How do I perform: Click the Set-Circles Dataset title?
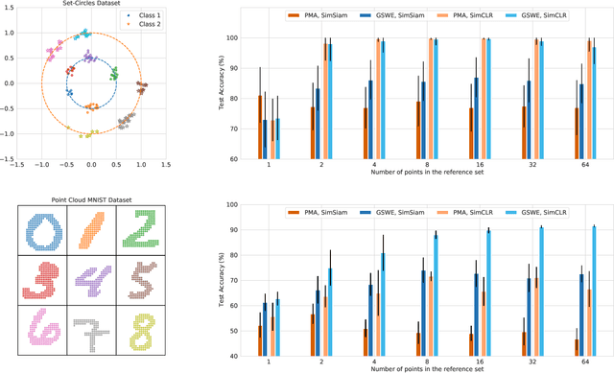click(x=91, y=4)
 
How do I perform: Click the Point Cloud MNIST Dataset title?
click(x=91, y=199)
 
